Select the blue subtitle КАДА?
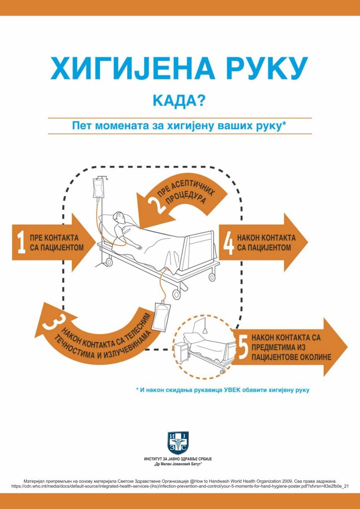pyautogui.click(x=180, y=100)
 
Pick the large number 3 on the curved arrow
pyautogui.click(x=51, y=322)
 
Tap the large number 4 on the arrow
pyautogui.click(x=229, y=242)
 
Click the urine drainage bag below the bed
pyautogui.click(x=162, y=319)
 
